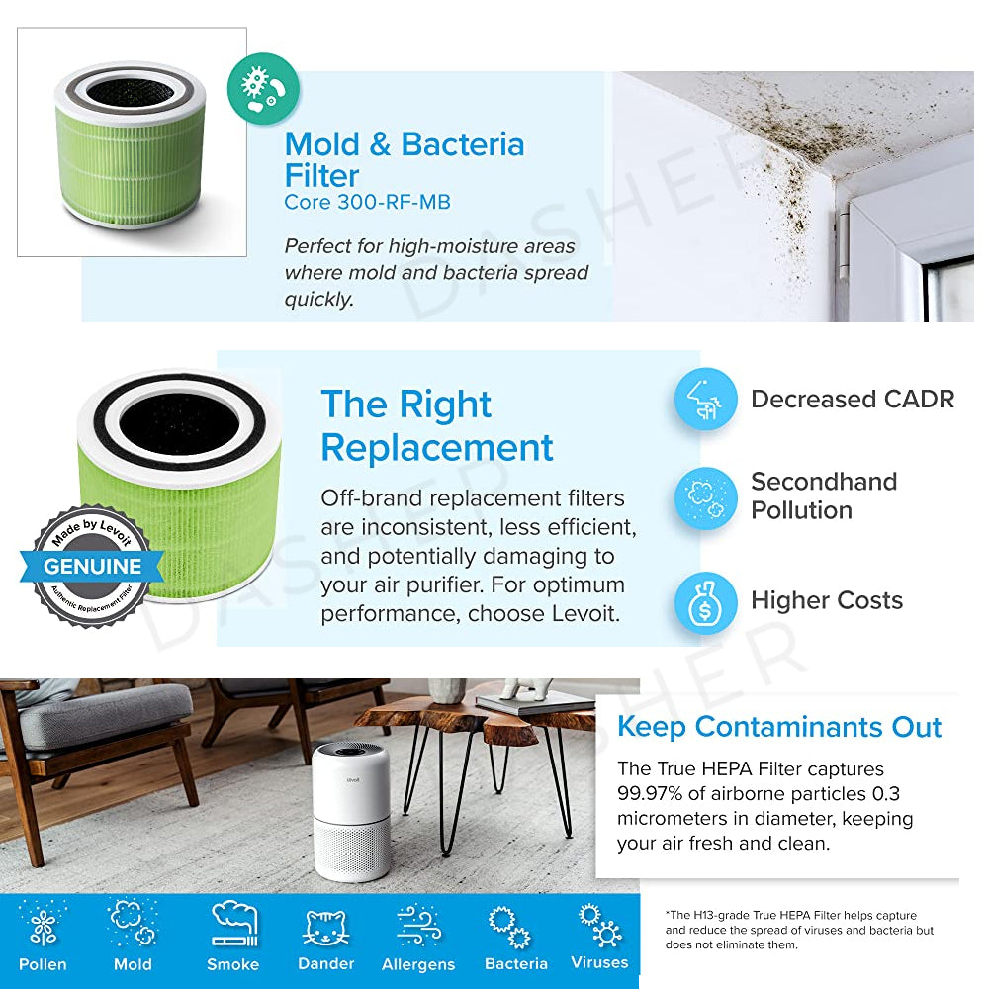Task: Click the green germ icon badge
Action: pos(263,89)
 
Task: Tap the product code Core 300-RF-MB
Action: pos(367,202)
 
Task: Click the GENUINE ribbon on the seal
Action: pos(92,566)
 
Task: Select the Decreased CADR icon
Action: pos(705,400)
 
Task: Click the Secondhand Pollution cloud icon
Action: pos(705,497)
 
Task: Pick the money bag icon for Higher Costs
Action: pos(705,601)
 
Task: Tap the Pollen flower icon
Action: pos(43,924)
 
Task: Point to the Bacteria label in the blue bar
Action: pos(516,963)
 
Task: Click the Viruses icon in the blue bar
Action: pos(600,926)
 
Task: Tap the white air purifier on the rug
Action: pos(351,812)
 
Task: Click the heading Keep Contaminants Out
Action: pos(779,727)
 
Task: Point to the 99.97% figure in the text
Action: pos(650,793)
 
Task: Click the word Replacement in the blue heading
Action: pos(437,448)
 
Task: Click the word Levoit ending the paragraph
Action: pos(584,613)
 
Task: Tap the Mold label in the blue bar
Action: pos(133,964)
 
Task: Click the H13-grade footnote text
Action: pos(799,930)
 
